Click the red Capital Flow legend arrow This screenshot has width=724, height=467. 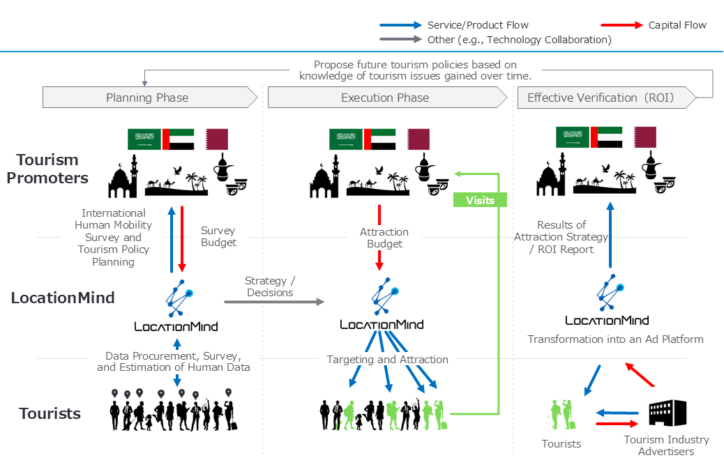tap(621, 25)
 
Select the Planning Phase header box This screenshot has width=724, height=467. tap(148, 98)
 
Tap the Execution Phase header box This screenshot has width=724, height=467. tap(385, 98)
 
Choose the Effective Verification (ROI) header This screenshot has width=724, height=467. tap(601, 98)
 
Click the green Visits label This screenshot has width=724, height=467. tap(480, 200)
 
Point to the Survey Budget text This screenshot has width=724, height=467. tap(218, 236)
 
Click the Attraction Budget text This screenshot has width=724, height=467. tap(384, 238)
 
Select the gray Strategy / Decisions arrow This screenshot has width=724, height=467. tap(274, 302)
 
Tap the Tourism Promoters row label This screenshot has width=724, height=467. tap(47, 169)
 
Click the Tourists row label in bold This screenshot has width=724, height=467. tap(50, 413)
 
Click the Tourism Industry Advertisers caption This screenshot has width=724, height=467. tap(666, 445)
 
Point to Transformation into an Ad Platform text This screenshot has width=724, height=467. tap(615, 339)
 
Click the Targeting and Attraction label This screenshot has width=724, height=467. tap(388, 360)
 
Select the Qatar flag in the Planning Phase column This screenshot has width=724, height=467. tap(216, 139)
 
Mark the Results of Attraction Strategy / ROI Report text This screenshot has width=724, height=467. tap(561, 237)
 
